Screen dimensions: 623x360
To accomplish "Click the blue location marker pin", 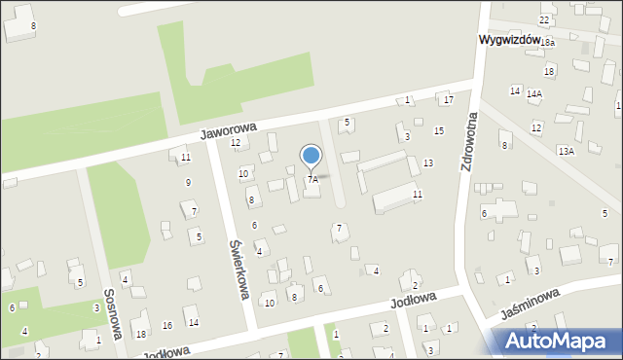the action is (x=311, y=156).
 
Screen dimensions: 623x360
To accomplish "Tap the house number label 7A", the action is (x=312, y=180).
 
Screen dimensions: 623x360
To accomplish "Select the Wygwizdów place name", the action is (x=509, y=40).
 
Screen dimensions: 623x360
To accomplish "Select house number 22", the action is (x=544, y=20).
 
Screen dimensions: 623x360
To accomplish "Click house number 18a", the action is (x=548, y=43).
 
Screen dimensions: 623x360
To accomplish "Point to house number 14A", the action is (x=534, y=94).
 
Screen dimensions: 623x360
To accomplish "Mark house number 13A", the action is (x=566, y=152).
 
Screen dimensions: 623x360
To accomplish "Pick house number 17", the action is (x=448, y=100).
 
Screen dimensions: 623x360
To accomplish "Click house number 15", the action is (x=439, y=130).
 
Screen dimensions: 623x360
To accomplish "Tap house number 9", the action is (x=188, y=182).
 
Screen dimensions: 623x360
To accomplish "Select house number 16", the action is (x=167, y=324).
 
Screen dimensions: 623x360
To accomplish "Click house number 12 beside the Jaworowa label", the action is (x=235, y=143).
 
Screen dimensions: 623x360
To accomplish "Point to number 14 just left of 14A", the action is (x=515, y=90).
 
